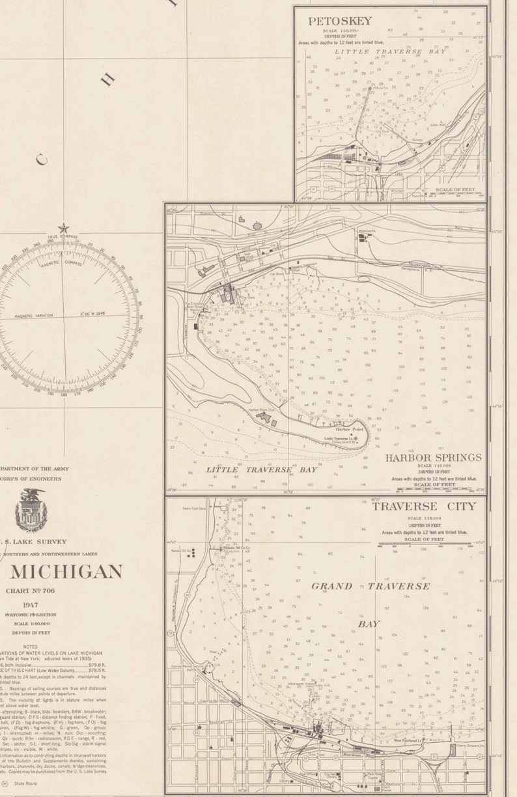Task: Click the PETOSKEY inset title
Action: pos(340,21)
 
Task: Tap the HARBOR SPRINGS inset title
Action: pos(433,458)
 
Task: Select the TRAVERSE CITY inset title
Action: pos(424,506)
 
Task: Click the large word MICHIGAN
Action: pos(66,572)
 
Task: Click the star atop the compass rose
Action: pos(63,229)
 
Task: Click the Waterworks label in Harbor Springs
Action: pos(368,231)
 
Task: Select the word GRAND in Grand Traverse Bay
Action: pos(331,586)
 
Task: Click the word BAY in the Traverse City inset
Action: pos(369,623)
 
